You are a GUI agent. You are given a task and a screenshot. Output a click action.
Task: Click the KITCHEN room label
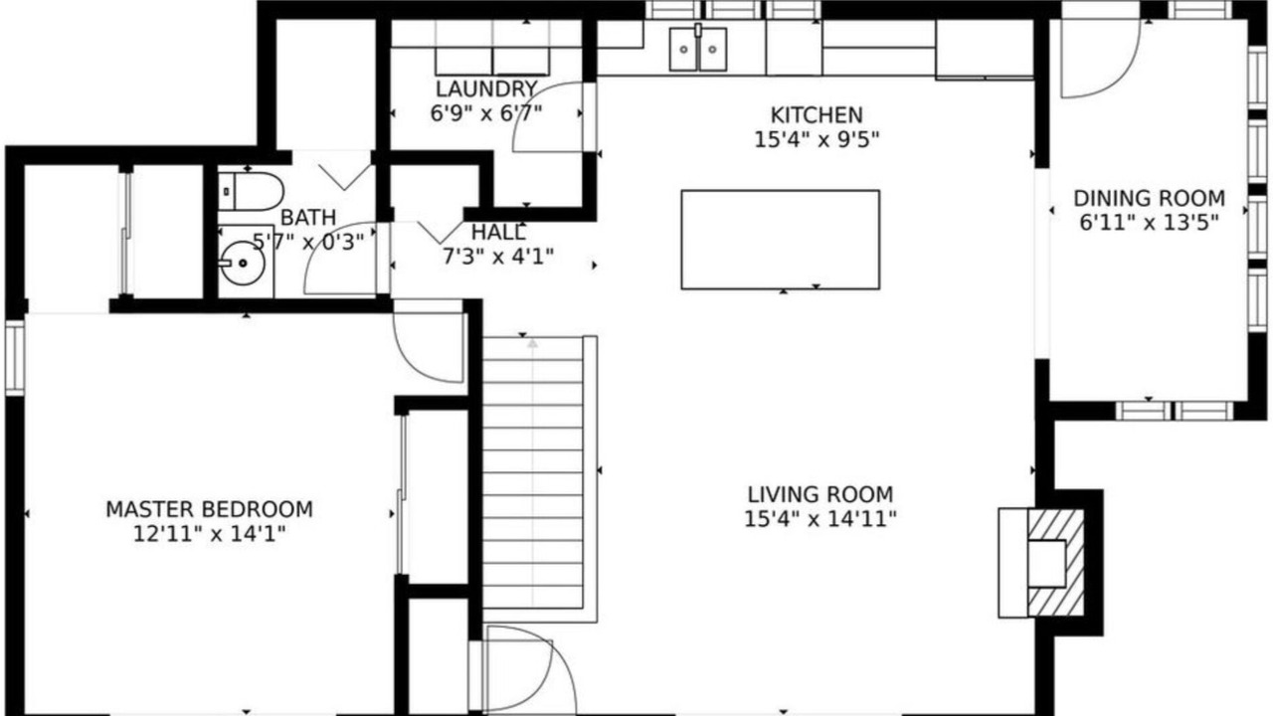[x=817, y=115]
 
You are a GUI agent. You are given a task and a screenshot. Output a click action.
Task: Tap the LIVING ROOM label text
[x=820, y=495]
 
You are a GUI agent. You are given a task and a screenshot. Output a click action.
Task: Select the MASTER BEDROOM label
[x=209, y=509]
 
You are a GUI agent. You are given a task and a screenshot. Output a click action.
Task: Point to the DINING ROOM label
[x=1149, y=198]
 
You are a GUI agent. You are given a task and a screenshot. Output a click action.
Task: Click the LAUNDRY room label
[x=486, y=89]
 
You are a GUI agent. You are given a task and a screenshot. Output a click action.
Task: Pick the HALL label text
[x=498, y=233]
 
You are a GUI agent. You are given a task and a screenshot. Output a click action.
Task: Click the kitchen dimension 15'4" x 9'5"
[x=817, y=140]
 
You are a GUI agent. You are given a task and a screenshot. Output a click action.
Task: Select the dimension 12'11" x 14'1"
[x=209, y=534]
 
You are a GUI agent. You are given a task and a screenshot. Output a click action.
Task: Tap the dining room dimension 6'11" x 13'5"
[x=1149, y=223]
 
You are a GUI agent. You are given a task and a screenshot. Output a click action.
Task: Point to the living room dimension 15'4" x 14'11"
[x=820, y=519]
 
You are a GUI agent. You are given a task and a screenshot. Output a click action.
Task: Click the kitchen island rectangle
[x=781, y=240]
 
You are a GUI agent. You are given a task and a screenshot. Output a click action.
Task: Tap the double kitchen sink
[x=698, y=49]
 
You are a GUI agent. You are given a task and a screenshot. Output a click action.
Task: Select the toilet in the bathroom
[x=251, y=192]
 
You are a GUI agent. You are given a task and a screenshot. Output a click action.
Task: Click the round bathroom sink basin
[x=243, y=263]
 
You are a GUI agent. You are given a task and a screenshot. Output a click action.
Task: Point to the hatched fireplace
[x=1055, y=563]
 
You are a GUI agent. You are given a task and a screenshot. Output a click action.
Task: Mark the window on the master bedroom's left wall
[x=15, y=357]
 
